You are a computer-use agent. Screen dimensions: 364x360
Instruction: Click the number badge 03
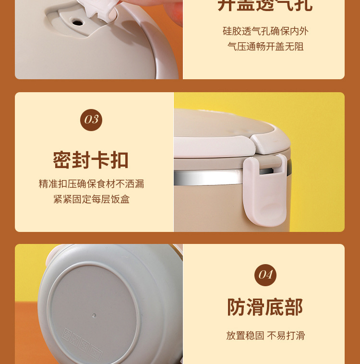tap(91, 120)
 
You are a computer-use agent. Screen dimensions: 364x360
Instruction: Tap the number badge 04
tap(265, 275)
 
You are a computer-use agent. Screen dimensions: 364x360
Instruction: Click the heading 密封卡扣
tap(91, 160)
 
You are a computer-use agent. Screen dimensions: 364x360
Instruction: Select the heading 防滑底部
tap(265, 307)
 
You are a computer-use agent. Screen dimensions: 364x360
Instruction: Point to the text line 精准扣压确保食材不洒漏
tap(91, 184)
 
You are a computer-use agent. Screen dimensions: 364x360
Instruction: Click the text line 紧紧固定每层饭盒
tap(91, 199)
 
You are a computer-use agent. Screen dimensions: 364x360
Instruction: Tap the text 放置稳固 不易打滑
tap(265, 336)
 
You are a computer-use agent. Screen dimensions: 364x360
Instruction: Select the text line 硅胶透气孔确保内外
tap(265, 31)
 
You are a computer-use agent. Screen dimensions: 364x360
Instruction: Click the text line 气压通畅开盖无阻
tap(265, 47)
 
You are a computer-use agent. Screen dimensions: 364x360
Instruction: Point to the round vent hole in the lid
tap(77, 22)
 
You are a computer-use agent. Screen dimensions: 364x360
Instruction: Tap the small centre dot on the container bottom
tap(94, 315)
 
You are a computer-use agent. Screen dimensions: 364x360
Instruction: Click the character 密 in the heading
tap(62, 160)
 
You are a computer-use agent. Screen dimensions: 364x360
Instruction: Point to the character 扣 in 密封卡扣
tap(120, 160)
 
